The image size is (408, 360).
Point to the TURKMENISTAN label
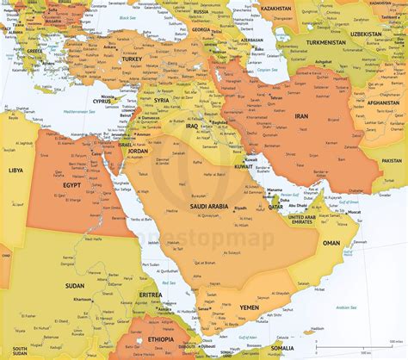323,41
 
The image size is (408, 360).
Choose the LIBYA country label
15,170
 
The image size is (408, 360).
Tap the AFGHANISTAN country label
382,103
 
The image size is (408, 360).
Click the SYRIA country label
161,100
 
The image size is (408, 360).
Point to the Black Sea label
127,16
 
